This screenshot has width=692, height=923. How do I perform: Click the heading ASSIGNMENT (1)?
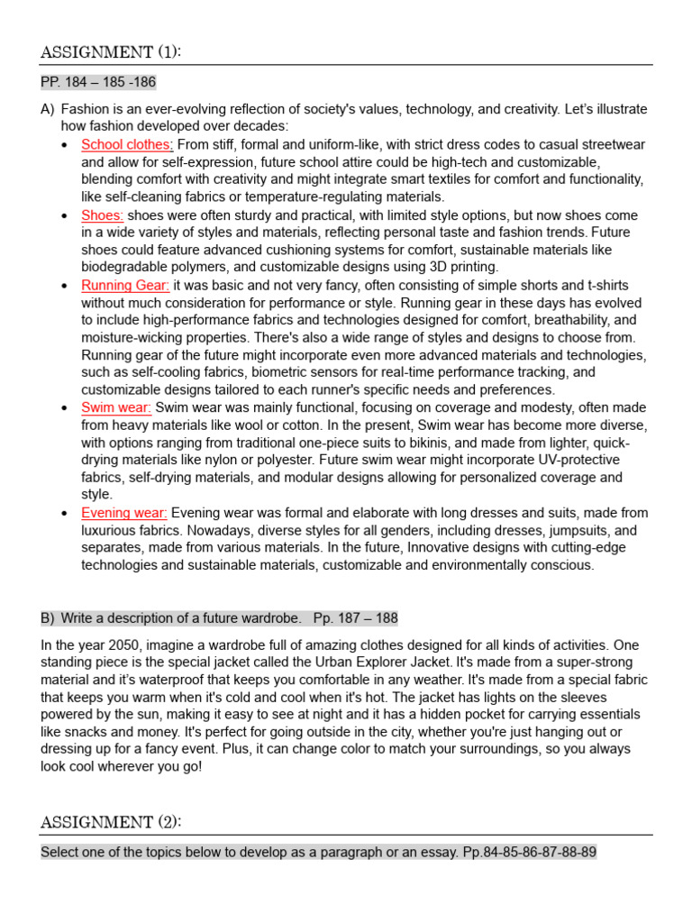coord(110,52)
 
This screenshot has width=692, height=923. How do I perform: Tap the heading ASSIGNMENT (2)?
coord(110,821)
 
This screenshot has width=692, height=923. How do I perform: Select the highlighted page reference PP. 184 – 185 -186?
coord(98,83)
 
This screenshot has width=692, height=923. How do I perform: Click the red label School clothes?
coord(127,144)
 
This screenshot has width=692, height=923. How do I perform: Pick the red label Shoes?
coord(103,215)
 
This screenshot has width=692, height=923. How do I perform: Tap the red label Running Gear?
coord(125,286)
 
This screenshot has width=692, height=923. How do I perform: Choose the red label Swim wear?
coord(116,407)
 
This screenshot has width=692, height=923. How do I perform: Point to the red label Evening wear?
coord(124,513)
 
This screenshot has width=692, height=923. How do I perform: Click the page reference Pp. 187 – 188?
coord(355,618)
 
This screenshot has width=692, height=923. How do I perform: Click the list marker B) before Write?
coord(48,618)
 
